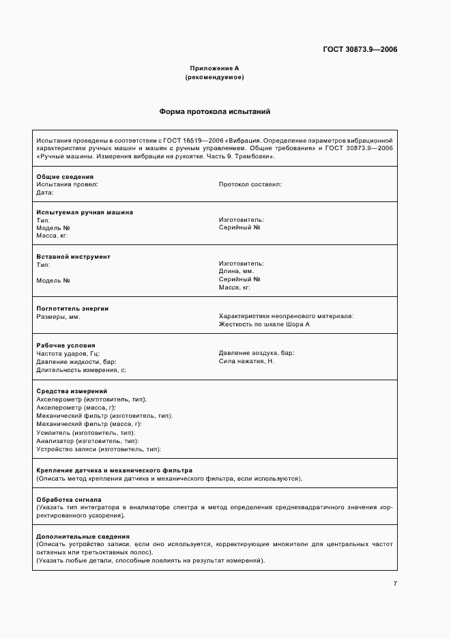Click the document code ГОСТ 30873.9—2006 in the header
tap(360, 49)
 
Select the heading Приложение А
tap(214, 69)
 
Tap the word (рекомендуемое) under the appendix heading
tap(214, 77)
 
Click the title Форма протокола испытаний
tap(215, 111)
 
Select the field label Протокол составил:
tap(250, 184)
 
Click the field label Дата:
tap(45, 193)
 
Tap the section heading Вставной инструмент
tap(73, 257)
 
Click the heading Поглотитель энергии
tap(72, 309)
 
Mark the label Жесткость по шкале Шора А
tap(264, 324)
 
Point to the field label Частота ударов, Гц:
tap(68, 353)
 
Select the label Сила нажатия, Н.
tap(246, 360)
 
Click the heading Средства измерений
tap(72, 391)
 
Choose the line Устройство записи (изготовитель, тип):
tap(98, 449)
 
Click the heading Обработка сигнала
tap(69, 500)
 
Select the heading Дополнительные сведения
tap(83, 537)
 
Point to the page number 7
tap(395, 583)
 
